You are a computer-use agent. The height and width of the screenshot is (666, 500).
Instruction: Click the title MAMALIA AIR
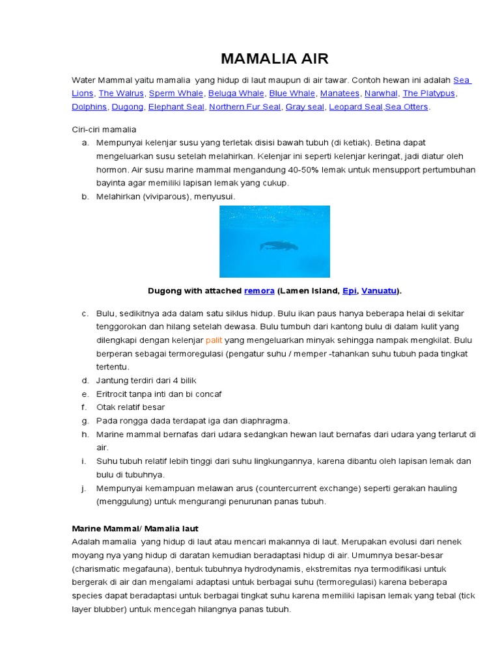(275, 59)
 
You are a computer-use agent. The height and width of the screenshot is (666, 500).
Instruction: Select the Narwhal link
(381, 93)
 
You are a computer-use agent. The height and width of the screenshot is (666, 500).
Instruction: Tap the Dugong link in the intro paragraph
(127, 107)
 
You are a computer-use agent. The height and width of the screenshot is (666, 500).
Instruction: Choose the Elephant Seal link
(176, 107)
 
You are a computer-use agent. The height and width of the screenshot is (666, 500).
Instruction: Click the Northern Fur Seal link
(245, 107)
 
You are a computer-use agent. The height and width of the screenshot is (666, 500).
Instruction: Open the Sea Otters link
(407, 107)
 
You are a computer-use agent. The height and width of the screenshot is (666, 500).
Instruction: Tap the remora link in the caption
(259, 290)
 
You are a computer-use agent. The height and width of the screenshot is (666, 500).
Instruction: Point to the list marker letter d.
(85, 380)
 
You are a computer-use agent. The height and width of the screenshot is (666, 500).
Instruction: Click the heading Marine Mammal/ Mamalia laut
(139, 528)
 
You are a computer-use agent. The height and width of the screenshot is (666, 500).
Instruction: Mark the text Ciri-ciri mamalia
(104, 129)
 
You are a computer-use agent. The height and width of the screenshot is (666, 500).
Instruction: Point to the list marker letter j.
(85, 488)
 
